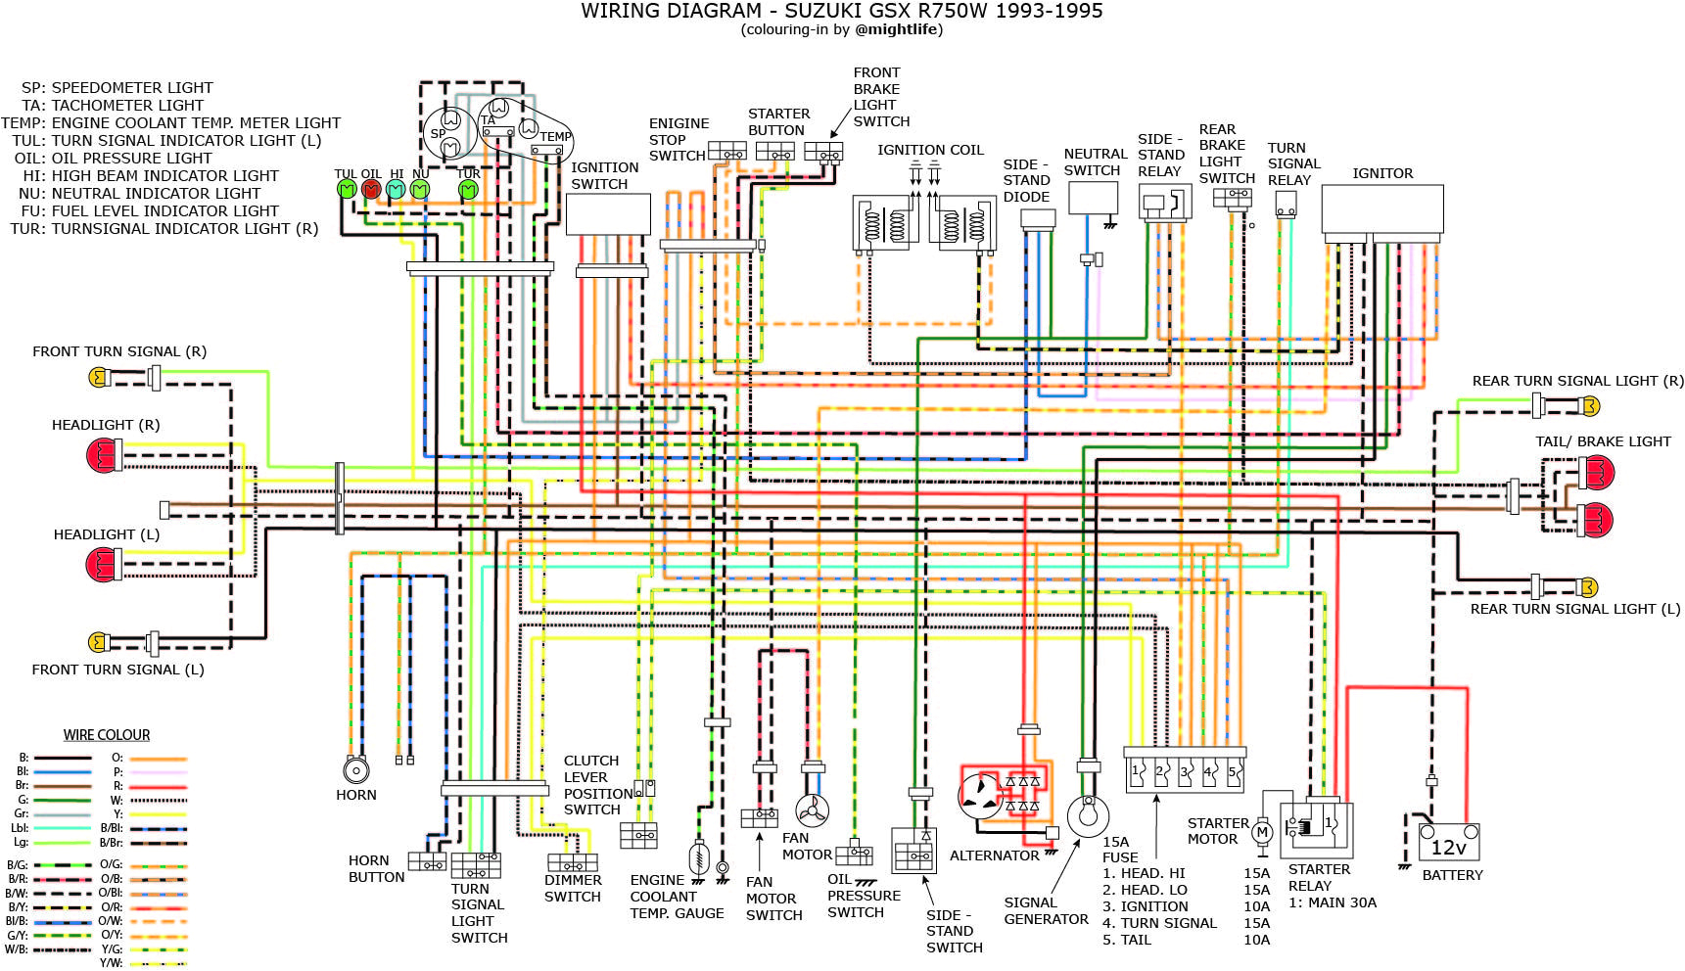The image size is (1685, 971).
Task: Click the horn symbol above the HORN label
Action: pyautogui.click(x=355, y=770)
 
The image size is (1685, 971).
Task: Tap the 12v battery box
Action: pyautogui.click(x=1449, y=843)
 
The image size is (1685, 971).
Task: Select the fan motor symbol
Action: pyautogui.click(x=812, y=809)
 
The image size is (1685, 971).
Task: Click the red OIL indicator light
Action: pyautogui.click(x=371, y=189)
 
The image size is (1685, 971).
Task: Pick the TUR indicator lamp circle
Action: pyautogui.click(x=469, y=189)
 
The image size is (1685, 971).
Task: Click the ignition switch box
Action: pyautogui.click(x=608, y=213)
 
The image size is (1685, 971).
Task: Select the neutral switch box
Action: pyautogui.click(x=1093, y=198)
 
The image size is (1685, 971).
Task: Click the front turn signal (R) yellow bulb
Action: pyautogui.click(x=99, y=378)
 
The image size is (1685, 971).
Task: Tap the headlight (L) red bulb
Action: pyautogui.click(x=102, y=565)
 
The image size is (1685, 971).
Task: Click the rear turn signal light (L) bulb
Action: pyautogui.click(x=1588, y=587)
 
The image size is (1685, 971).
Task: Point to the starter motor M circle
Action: pyautogui.click(x=1262, y=833)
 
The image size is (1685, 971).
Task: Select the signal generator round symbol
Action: pyautogui.click(x=1088, y=815)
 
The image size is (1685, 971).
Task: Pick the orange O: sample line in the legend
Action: pyautogui.click(x=158, y=759)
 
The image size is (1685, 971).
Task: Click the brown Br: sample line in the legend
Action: pyautogui.click(x=63, y=786)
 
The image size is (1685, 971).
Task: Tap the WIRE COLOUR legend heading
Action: pyautogui.click(x=107, y=735)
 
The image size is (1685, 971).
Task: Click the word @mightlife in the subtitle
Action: pyautogui.click(x=898, y=30)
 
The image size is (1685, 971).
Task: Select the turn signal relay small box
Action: pyautogui.click(x=1286, y=205)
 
